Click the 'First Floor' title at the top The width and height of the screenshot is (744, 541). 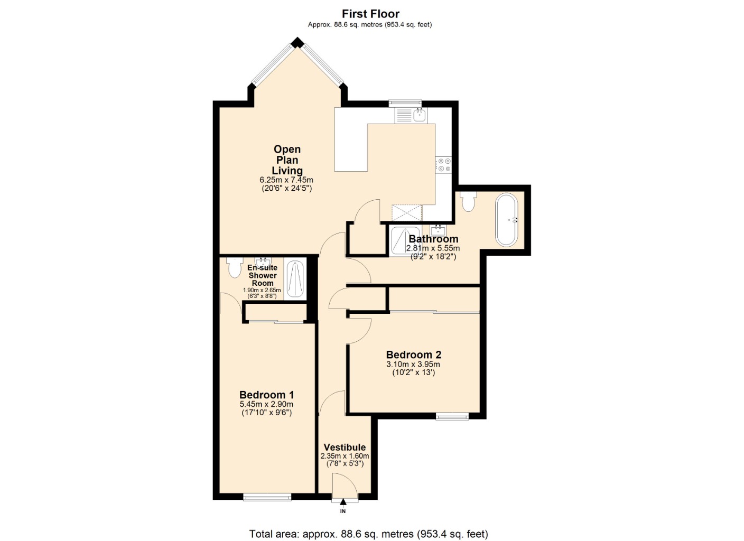point(370,14)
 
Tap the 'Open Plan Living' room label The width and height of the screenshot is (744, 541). point(287,160)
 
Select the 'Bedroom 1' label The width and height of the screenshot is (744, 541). point(266,395)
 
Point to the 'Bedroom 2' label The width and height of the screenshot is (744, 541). point(413,355)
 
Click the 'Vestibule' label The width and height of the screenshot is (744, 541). point(345,447)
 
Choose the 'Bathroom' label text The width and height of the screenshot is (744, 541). point(433,239)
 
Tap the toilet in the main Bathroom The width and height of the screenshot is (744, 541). point(468,201)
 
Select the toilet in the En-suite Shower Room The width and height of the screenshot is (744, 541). point(234,267)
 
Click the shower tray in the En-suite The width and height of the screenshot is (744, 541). point(295,279)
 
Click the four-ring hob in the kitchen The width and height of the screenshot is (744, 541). point(443,165)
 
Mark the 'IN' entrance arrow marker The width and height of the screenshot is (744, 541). point(342,503)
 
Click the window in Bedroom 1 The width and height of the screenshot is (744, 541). point(267,497)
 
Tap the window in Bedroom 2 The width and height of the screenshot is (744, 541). point(452,416)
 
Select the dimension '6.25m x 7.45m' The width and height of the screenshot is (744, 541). point(287,180)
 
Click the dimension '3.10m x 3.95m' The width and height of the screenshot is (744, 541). point(413,364)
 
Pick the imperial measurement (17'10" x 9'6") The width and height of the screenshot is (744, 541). point(266,413)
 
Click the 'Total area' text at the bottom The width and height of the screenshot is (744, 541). point(368,534)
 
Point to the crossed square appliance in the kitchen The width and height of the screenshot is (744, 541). point(407,212)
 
